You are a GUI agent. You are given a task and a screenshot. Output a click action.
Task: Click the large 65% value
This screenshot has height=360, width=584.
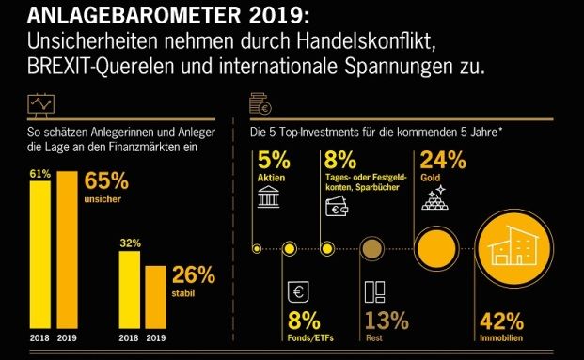point(107,181)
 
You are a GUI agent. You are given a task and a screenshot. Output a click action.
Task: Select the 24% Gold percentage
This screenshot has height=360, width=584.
point(441,159)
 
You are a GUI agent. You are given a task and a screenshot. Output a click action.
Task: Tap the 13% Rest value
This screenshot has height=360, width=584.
point(385,322)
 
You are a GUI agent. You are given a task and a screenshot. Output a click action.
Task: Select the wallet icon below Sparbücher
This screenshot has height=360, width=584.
point(335,209)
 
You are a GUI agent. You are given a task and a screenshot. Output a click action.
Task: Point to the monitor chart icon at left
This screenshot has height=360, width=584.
point(40,102)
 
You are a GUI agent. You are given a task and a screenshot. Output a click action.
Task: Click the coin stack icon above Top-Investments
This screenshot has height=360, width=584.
point(260,103)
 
